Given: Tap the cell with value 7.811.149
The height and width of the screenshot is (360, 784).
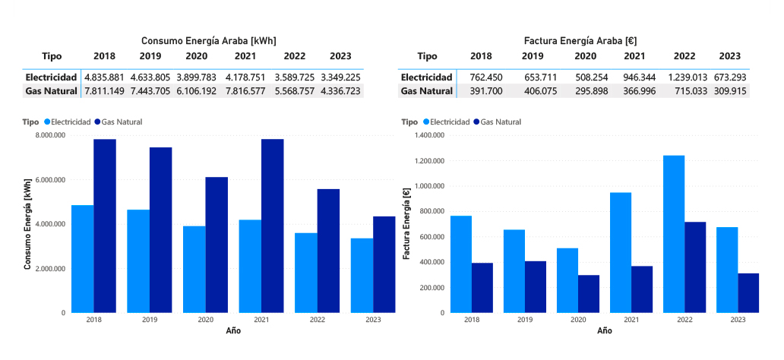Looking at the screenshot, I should (104, 91).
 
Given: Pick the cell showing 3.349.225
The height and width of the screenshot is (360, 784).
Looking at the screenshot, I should (340, 77).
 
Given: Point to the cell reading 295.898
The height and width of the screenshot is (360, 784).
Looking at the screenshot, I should (586, 91).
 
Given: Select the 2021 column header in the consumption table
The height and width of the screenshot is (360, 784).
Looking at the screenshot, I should (245, 56).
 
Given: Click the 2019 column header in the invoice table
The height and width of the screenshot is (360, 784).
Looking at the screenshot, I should (533, 56).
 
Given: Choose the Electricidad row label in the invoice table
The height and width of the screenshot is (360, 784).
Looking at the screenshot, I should (427, 77).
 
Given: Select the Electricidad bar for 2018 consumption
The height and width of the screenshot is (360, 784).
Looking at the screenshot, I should (83, 258).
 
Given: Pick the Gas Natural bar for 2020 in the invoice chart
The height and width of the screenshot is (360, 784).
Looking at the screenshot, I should (589, 293).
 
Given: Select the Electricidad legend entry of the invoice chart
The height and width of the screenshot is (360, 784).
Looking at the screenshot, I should (444, 122).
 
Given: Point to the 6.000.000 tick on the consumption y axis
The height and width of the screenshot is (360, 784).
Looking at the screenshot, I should (48, 180).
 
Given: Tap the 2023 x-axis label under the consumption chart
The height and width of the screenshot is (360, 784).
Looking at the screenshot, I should (373, 321).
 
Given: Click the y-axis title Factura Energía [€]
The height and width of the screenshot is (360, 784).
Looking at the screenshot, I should (406, 224).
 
